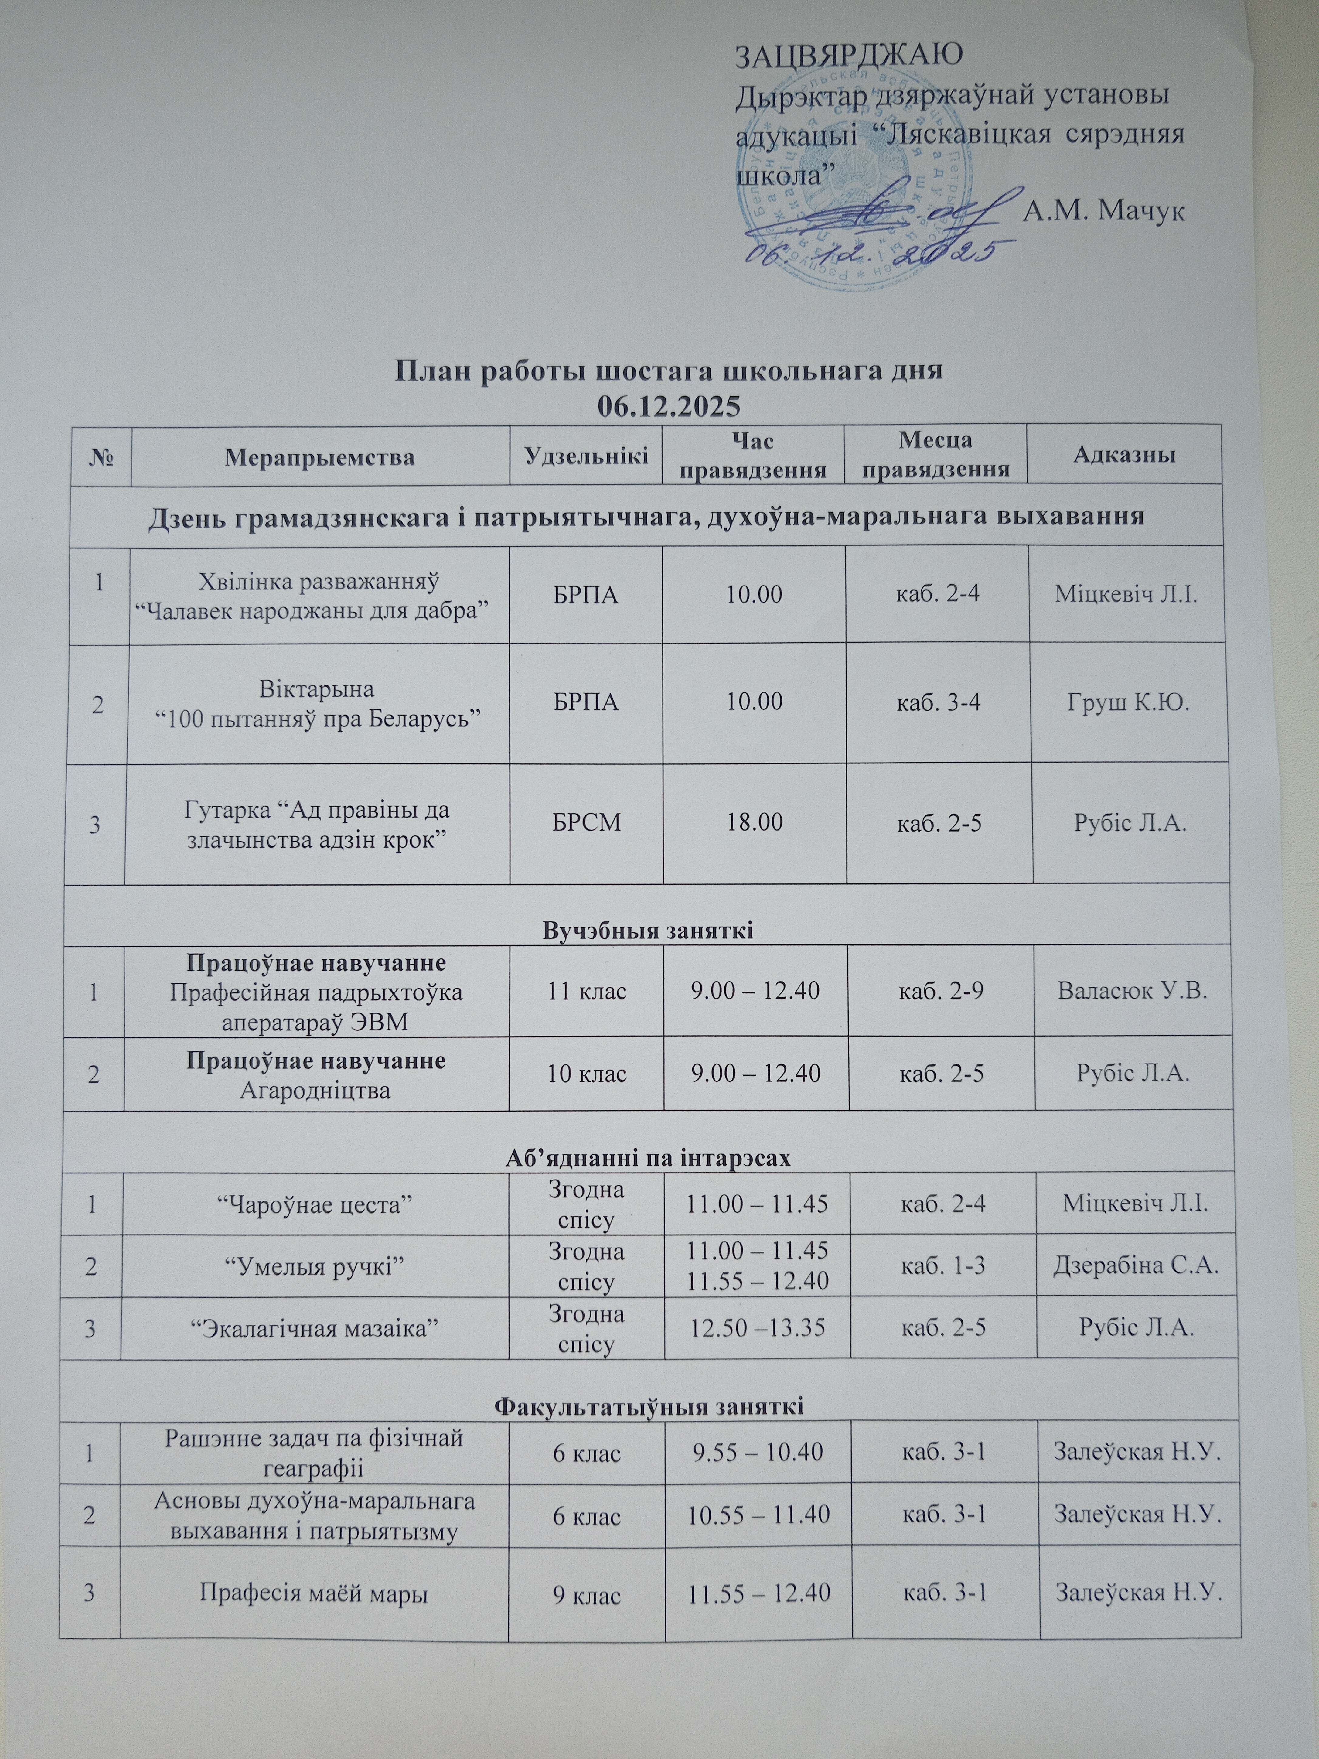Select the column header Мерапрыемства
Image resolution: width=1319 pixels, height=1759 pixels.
pyautogui.click(x=320, y=457)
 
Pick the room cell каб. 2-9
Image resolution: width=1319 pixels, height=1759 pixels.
pyautogui.click(x=941, y=991)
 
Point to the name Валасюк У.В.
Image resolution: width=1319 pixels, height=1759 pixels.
pyautogui.click(x=1132, y=991)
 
